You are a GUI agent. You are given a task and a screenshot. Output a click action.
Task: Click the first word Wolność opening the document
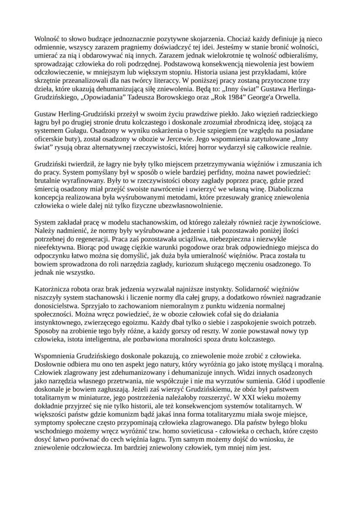point(46,38)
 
